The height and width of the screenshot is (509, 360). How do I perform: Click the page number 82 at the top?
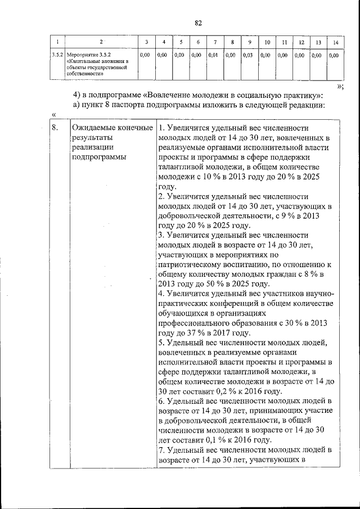tap(198, 23)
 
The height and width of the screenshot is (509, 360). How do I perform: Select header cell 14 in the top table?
tap(335, 43)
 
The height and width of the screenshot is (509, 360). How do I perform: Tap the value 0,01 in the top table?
tap(213, 56)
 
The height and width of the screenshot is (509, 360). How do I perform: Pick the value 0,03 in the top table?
tap(247, 56)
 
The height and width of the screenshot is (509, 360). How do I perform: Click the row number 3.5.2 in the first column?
tap(57, 56)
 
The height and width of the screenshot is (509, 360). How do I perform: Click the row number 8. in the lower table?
tap(55, 128)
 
